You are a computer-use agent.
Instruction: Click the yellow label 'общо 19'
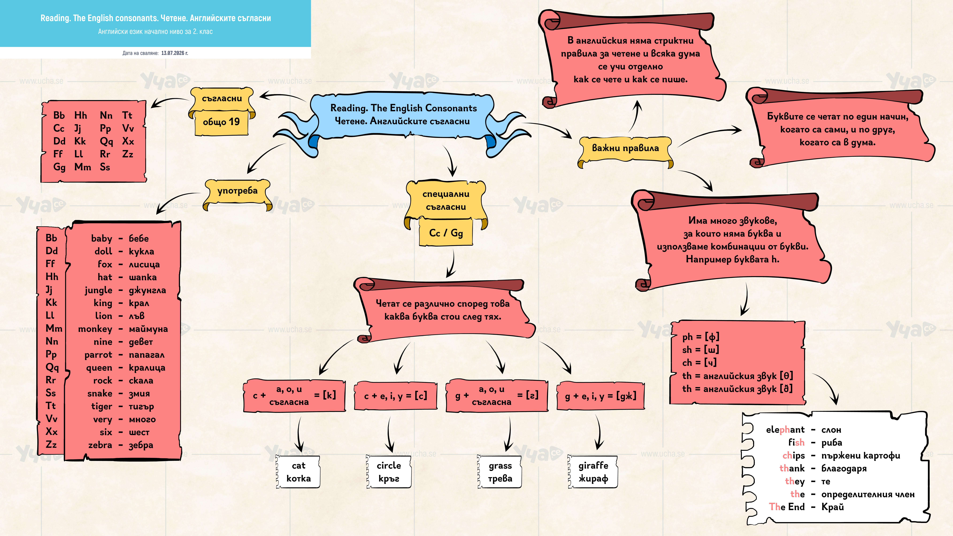(x=221, y=122)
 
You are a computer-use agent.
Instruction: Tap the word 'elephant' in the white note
(x=785, y=430)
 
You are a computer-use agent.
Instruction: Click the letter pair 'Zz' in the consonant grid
(x=128, y=154)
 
